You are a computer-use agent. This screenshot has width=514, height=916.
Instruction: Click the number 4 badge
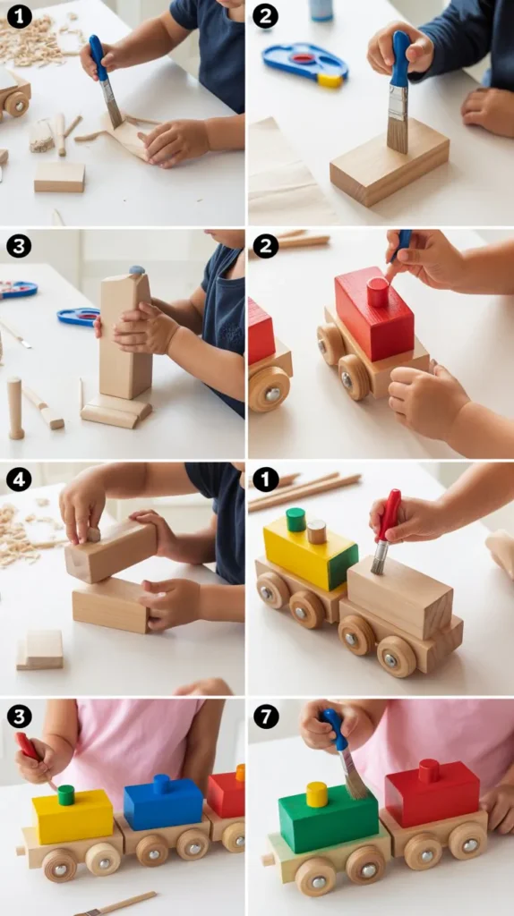tap(19, 480)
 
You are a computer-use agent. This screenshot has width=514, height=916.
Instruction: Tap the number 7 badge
tap(265, 717)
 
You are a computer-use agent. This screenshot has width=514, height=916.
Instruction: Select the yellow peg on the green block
tap(317, 794)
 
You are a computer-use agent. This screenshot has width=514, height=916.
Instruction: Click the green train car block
tap(328, 818)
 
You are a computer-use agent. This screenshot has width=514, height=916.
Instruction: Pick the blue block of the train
tap(163, 804)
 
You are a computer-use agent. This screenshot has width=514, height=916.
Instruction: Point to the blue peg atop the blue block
tap(161, 784)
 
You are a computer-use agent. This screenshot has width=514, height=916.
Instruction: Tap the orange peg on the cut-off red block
tap(240, 772)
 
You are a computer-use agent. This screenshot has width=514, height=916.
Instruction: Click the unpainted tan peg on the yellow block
tap(316, 531)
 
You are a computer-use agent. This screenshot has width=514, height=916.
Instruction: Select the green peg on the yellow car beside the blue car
tap(66, 795)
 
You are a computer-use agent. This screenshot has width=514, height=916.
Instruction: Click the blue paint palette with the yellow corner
tap(305, 64)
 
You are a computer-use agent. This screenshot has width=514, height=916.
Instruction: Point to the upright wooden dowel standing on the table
tap(15, 408)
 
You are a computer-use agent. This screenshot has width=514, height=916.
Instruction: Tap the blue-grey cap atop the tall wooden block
tap(137, 270)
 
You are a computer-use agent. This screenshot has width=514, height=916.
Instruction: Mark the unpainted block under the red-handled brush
tap(400, 596)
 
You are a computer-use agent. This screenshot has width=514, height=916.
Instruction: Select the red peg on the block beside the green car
tap(429, 770)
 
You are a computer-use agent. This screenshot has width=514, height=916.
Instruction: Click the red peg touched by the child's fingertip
tap(378, 293)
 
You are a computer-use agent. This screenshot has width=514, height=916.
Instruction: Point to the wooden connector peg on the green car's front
tap(268, 860)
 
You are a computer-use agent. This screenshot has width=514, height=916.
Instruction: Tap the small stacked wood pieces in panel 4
tap(39, 649)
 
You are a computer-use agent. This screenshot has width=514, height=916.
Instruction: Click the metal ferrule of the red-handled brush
tap(379, 550)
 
